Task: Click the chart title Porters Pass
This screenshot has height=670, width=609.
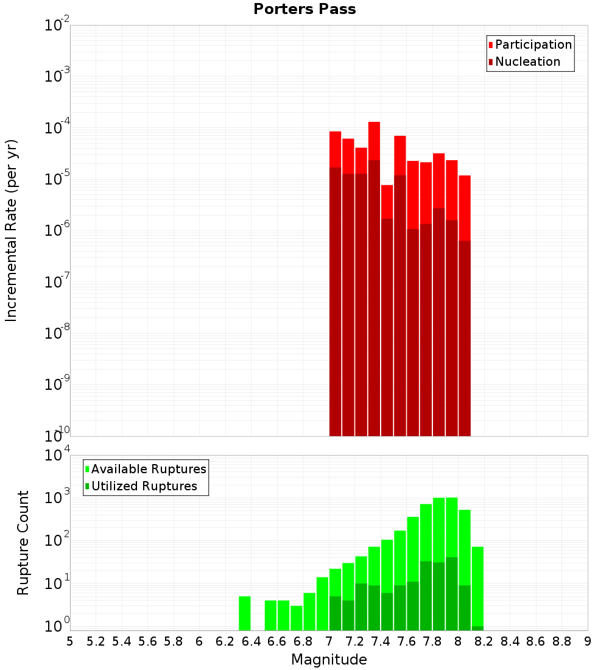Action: coord(304,9)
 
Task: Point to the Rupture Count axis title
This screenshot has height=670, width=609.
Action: coord(23,543)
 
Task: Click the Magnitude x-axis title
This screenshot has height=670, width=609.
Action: coord(329,660)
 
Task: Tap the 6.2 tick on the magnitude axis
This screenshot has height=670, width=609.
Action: coord(225,641)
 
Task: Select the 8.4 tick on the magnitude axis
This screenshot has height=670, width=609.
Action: coord(510,641)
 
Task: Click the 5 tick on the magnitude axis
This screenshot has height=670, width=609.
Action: coord(70,641)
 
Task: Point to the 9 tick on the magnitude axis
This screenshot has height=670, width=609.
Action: coord(588,641)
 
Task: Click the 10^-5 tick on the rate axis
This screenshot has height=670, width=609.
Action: coord(57,179)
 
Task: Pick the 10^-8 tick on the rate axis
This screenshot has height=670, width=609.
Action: coord(57,333)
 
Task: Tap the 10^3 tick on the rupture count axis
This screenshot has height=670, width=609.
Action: coord(57,497)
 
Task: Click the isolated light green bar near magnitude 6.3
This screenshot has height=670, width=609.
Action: coord(245,613)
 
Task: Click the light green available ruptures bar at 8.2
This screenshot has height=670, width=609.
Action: coord(477,585)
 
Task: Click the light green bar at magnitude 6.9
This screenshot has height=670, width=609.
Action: coord(322,603)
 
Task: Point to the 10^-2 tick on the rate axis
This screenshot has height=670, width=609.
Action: coord(57,26)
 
